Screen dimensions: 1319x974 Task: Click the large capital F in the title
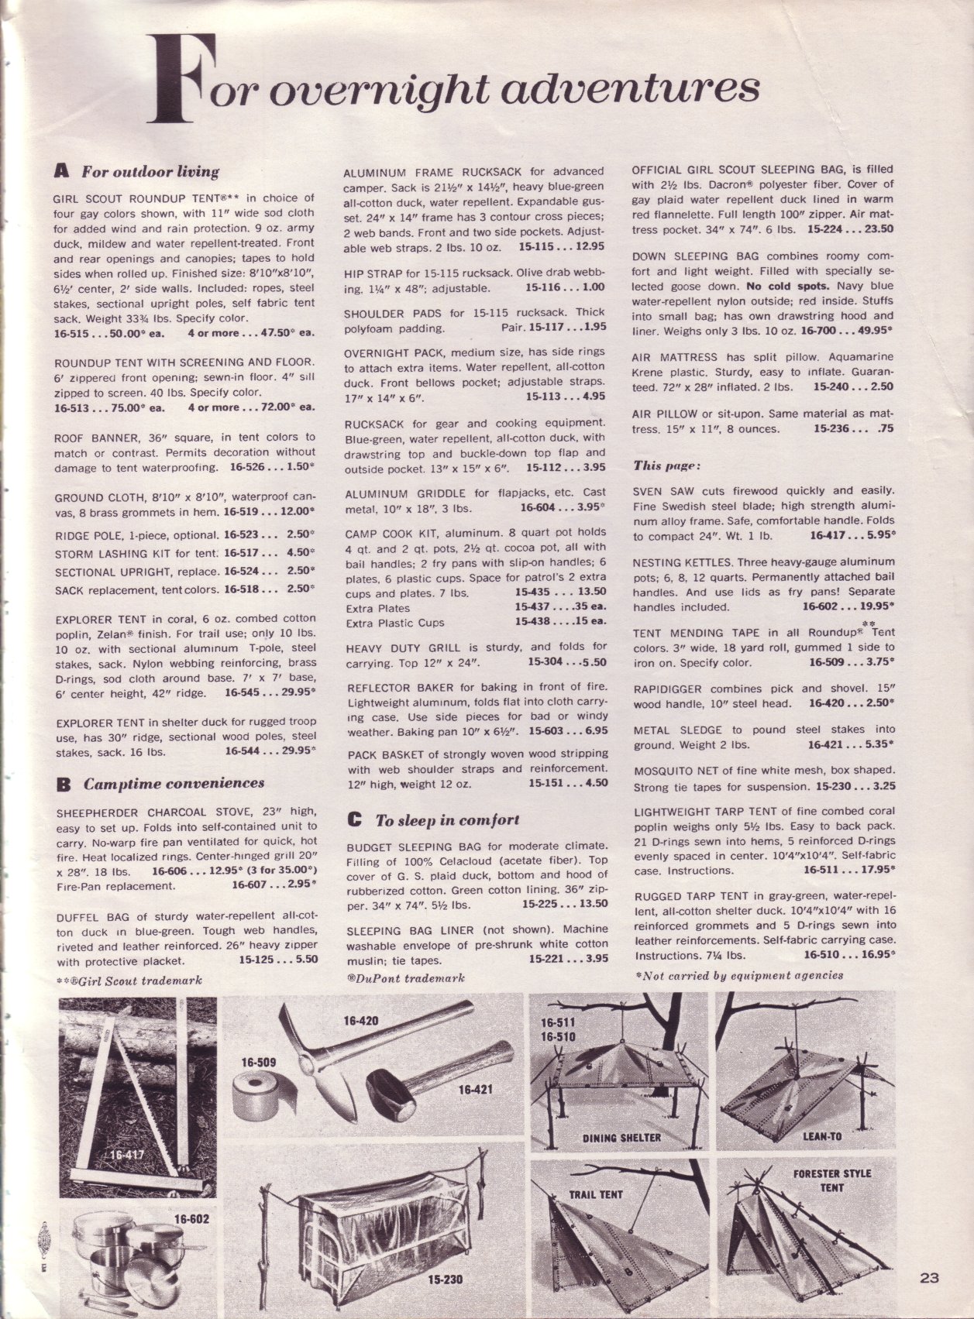pyautogui.click(x=181, y=84)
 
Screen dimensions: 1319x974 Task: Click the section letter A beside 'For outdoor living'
pyautogui.click(x=63, y=171)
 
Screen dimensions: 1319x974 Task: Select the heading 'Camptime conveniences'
pyautogui.click(x=174, y=783)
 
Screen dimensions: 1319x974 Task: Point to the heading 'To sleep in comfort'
pyautogui.click(x=447, y=819)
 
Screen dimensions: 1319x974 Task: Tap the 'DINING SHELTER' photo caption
pyautogui.click(x=621, y=1138)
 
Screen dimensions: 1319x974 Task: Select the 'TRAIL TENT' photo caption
pyautogui.click(x=596, y=1194)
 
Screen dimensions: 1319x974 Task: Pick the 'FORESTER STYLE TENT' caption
pyautogui.click(x=832, y=1180)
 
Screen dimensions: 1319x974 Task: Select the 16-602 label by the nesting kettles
pyautogui.click(x=193, y=1218)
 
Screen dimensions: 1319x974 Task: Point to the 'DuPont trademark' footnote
pyautogui.click(x=406, y=978)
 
